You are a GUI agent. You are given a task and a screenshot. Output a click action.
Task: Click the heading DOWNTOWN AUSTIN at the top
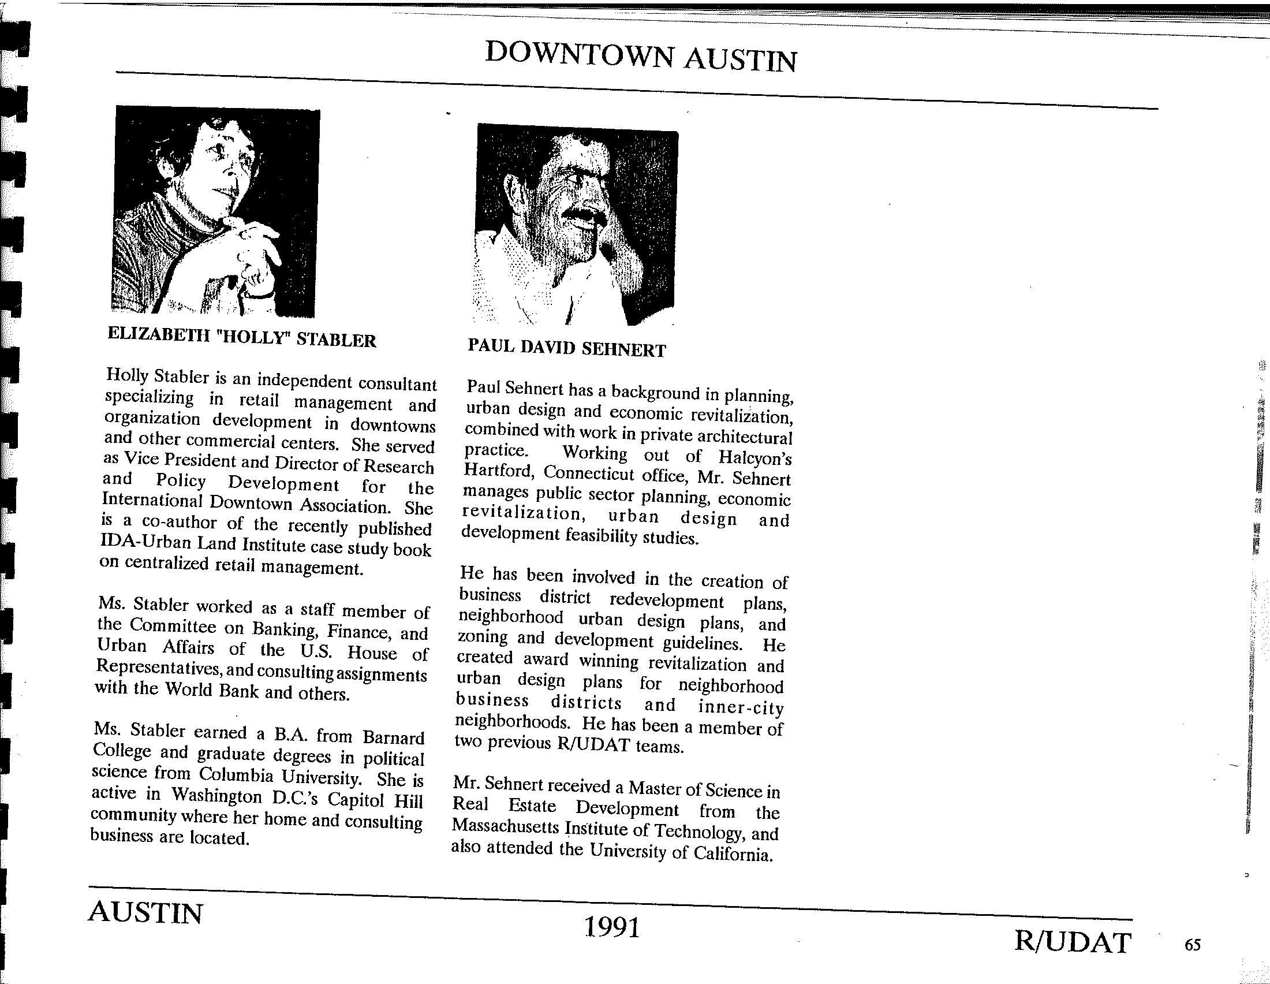(640, 57)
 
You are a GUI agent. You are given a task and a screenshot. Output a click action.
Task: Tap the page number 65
(1192, 945)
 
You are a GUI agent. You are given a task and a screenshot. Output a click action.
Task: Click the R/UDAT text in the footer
(1073, 942)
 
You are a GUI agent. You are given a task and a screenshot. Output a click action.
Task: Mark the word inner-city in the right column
(740, 708)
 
